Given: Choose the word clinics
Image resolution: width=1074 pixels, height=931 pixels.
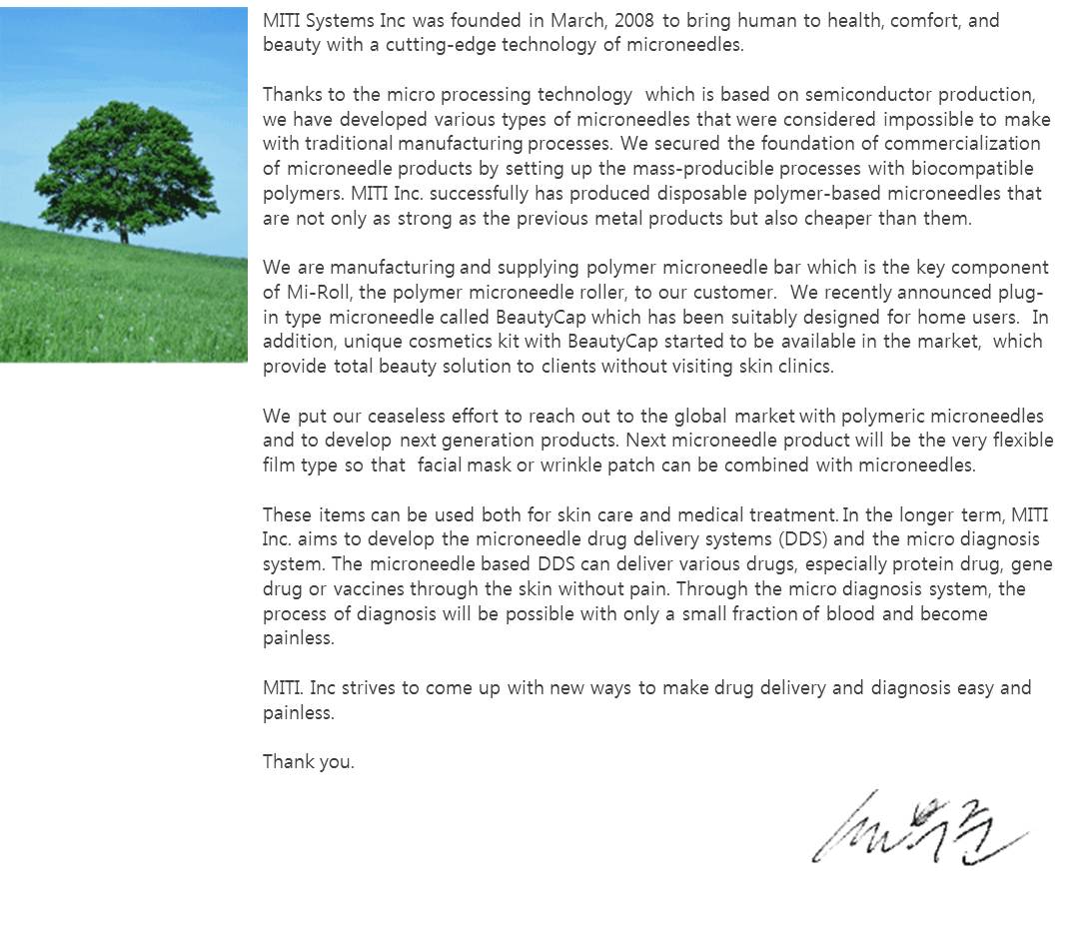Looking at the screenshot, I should click(804, 367).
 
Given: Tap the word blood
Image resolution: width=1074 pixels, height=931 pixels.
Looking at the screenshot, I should click(849, 613).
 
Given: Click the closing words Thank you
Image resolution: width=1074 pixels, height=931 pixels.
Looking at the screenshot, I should click(308, 762).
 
